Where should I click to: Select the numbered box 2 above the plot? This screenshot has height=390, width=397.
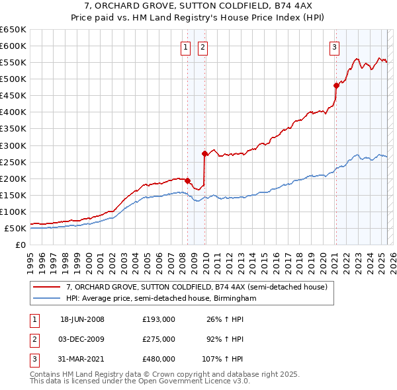(202, 47)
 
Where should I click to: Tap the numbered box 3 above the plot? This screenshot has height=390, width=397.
(335, 47)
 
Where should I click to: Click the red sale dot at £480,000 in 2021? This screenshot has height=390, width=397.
(336, 85)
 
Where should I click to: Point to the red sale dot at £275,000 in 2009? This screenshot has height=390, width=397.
(205, 153)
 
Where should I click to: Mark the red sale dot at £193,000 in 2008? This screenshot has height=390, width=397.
(188, 180)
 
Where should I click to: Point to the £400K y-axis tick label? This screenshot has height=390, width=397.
(13, 112)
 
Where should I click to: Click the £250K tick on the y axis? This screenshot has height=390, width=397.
(13, 162)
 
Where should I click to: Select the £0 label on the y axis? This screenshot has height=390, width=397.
(20, 245)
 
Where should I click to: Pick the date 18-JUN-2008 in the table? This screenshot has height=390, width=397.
(82, 319)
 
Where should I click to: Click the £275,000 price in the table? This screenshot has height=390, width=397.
(159, 339)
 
